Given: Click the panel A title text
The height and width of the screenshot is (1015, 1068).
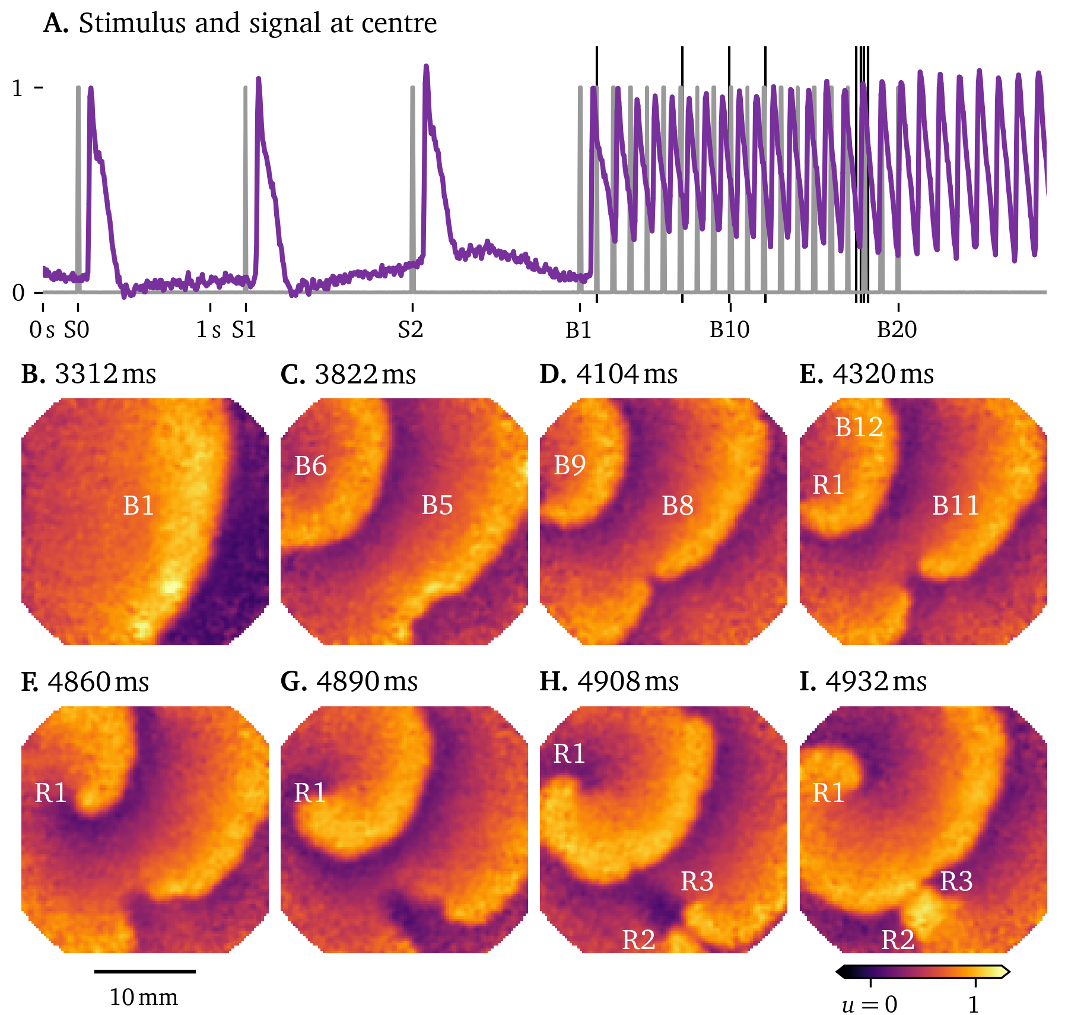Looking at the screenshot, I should (x=240, y=24).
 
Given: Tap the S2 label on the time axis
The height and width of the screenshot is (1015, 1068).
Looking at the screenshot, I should (x=411, y=329).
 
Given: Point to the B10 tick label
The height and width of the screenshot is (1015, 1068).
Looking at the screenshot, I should (x=729, y=329).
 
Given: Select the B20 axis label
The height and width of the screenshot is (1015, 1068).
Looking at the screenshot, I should (x=897, y=329).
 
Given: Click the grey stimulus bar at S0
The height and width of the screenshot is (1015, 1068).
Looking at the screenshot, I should (x=78, y=190).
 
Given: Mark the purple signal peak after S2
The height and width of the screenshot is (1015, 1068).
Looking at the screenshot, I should (x=426, y=68).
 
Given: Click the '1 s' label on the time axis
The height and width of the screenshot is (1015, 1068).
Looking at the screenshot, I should (x=209, y=329).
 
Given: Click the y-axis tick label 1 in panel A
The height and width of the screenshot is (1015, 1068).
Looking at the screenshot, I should (x=18, y=89).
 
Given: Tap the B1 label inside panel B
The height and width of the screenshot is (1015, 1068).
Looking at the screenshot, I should (x=138, y=506).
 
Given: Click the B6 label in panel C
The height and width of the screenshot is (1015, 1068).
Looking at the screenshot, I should (x=310, y=467).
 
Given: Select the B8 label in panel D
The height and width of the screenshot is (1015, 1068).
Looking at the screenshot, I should (x=677, y=506).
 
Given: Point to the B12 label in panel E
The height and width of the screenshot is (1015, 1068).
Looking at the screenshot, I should (x=859, y=427).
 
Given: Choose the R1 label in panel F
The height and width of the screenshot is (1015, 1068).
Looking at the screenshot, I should (x=50, y=793).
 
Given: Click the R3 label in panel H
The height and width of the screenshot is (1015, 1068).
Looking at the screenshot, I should (x=697, y=881).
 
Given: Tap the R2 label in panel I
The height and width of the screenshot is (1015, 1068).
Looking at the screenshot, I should (x=897, y=940).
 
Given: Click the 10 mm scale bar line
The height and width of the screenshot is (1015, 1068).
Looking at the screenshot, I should (x=145, y=972).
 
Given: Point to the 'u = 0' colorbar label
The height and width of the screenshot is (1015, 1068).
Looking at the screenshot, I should (x=869, y=1004).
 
